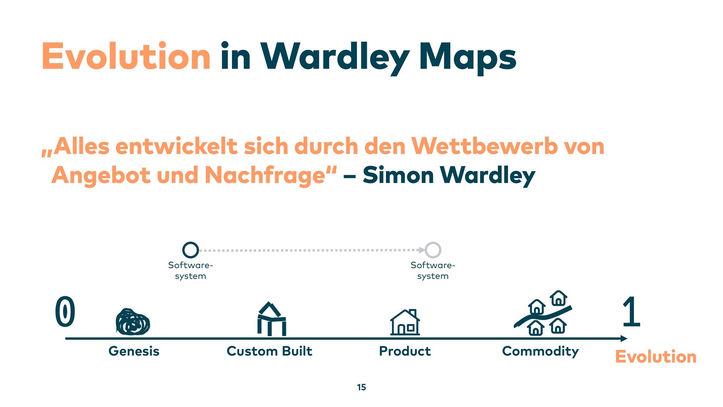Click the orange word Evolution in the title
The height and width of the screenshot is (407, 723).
click(x=126, y=57)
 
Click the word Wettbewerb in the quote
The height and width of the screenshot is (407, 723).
click(x=484, y=146)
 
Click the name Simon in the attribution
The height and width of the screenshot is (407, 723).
click(x=398, y=176)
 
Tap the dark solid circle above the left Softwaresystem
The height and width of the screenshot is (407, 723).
click(x=191, y=250)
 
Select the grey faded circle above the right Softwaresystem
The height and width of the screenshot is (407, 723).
click(x=433, y=250)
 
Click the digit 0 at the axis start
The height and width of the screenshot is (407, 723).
click(x=65, y=311)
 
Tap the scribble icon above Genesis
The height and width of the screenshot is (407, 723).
click(x=133, y=322)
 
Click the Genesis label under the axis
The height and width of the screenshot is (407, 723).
click(x=134, y=351)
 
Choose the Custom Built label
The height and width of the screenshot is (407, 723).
click(x=269, y=351)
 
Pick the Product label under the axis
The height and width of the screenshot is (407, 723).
click(x=405, y=351)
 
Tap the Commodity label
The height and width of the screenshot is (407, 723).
click(x=540, y=351)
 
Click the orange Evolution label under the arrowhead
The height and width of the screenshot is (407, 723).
click(x=656, y=357)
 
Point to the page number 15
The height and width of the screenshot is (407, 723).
click(x=361, y=387)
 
